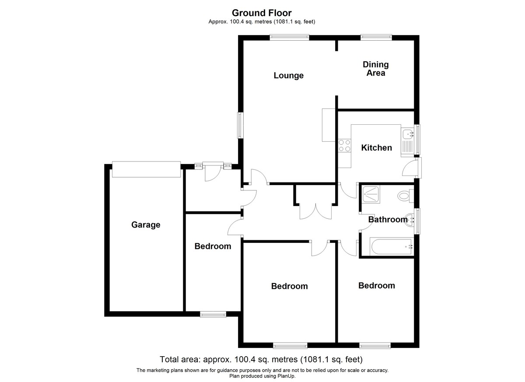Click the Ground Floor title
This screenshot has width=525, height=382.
pos(262,13)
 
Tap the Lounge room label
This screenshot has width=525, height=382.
pos(288,75)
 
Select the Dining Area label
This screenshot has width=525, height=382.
pos(376,69)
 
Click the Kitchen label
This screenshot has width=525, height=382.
pos(376,147)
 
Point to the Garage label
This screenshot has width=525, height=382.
pos(146,225)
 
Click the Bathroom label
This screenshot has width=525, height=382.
pos(388,219)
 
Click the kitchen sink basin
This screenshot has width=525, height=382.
pos(408,134)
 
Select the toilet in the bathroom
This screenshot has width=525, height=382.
pos(406,196)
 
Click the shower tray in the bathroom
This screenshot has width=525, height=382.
pos(371,194)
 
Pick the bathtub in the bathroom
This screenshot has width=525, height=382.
pos(392,246)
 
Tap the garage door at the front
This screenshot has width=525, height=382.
pos(146,169)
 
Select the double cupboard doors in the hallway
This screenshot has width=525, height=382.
pos(315,211)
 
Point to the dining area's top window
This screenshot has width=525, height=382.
pos(376,37)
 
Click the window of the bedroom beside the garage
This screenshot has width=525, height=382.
pos(213,314)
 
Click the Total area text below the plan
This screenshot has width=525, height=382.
pos(261,359)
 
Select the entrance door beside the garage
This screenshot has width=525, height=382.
pos(213,173)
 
